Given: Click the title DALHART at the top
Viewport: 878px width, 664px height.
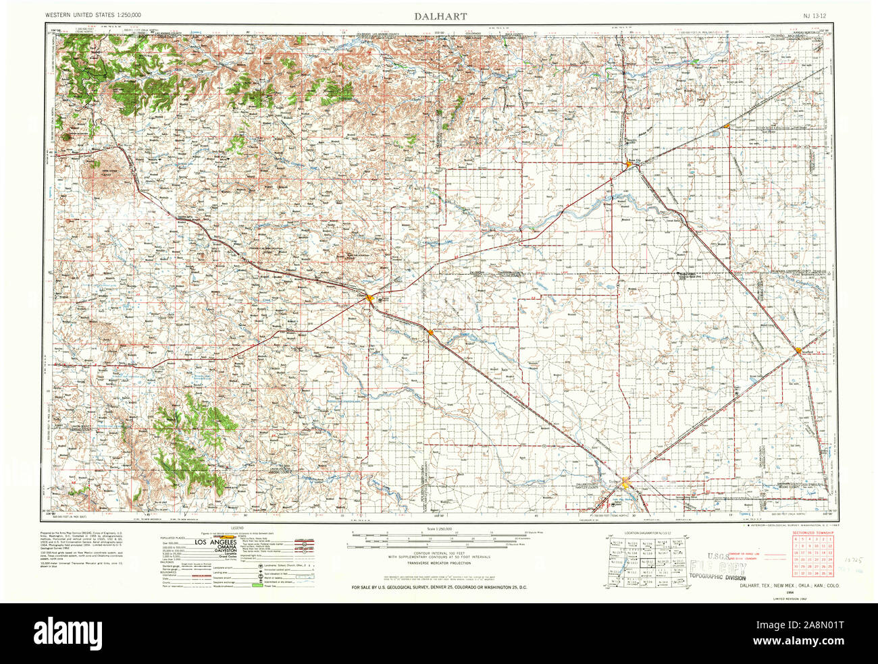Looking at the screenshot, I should click(x=439, y=15).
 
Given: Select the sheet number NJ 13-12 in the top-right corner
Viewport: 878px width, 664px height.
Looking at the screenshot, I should click(x=815, y=15).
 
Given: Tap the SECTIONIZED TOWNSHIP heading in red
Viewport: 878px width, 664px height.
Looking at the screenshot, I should click(x=813, y=533).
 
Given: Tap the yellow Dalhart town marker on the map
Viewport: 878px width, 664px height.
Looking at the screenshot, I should click(x=626, y=482).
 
